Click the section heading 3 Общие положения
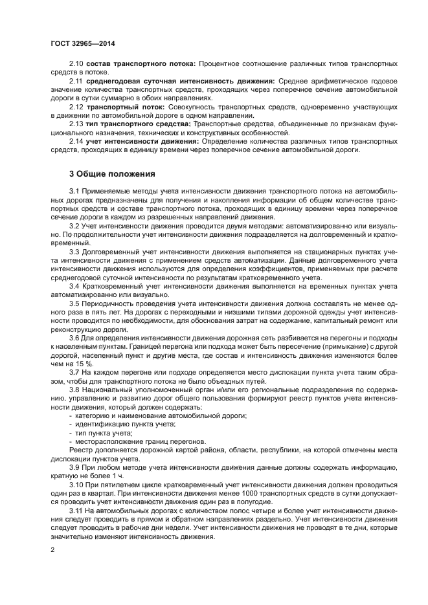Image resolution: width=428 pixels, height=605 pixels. coord(112,174)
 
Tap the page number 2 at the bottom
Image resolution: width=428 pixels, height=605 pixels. coord(53,550)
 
